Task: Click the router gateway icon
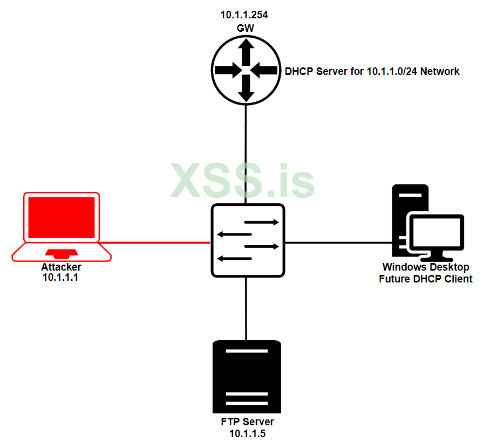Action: click(x=246, y=70)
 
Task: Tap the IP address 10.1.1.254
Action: click(x=244, y=15)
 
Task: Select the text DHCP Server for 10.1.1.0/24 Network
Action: click(x=372, y=71)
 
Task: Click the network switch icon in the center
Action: click(x=248, y=240)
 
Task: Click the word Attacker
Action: click(x=61, y=267)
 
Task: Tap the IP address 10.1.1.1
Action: click(x=60, y=278)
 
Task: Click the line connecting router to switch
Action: click(x=246, y=154)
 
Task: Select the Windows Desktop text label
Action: click(x=425, y=267)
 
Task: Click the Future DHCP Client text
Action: click(x=425, y=279)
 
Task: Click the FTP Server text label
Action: click(x=247, y=422)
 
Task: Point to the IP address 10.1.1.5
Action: click(x=248, y=433)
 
